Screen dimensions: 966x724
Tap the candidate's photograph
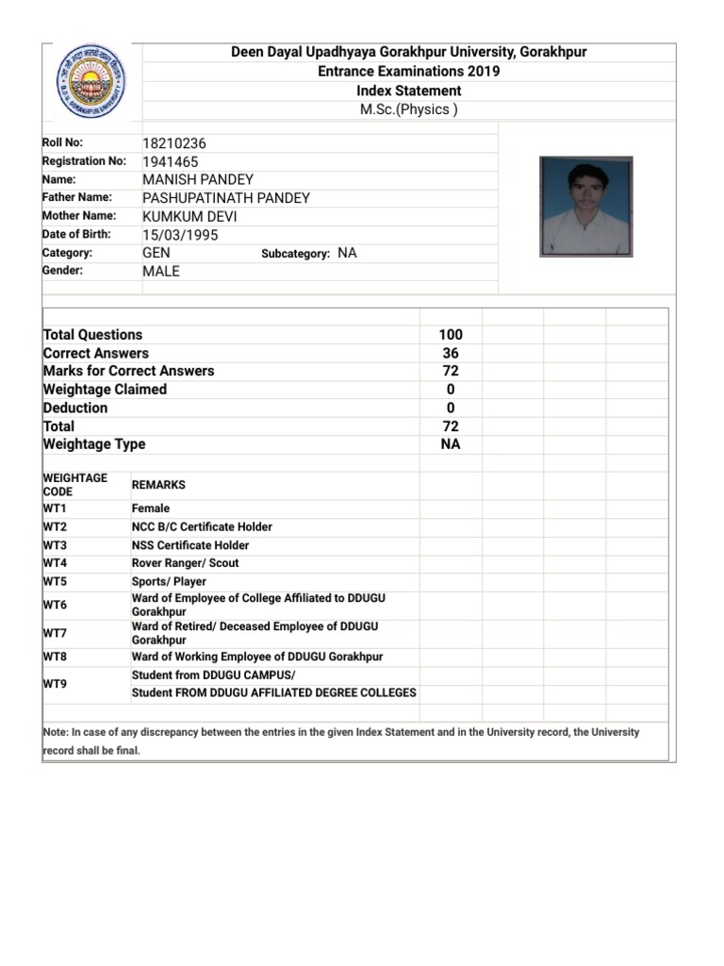click(x=585, y=207)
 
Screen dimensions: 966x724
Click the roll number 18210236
click(x=173, y=143)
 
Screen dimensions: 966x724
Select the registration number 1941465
click(x=171, y=161)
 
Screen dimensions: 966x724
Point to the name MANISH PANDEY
click(x=198, y=179)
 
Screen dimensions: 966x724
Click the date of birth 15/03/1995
click(x=180, y=235)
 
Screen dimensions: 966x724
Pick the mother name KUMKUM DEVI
click(x=189, y=216)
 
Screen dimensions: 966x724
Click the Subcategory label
click(x=295, y=254)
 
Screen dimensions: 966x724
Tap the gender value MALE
click(x=160, y=271)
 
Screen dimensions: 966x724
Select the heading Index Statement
click(x=409, y=91)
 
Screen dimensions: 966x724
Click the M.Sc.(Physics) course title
click(x=409, y=109)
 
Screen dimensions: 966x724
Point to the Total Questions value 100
click(x=451, y=335)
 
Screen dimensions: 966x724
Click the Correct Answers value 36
click(x=451, y=353)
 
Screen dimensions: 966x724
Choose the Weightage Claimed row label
click(x=105, y=390)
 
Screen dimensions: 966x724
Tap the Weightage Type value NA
click(x=451, y=444)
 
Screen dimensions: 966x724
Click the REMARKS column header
click(x=158, y=485)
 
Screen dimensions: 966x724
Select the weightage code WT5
click(x=55, y=581)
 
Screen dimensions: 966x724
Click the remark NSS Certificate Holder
click(x=190, y=545)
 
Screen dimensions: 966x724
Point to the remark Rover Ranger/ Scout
click(x=185, y=563)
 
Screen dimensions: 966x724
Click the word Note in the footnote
click(x=56, y=732)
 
